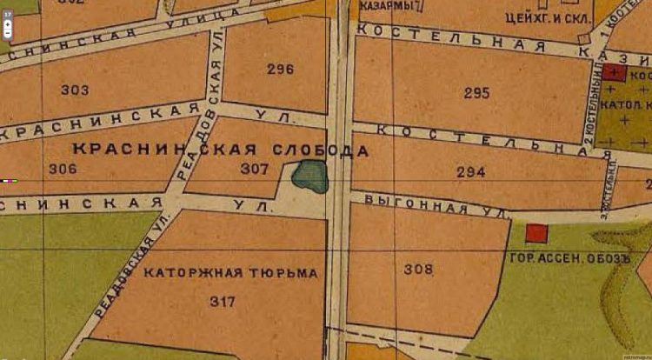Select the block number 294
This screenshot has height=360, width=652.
[470, 172]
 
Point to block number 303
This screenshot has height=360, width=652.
[76, 90]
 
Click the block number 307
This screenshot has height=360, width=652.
[255, 169]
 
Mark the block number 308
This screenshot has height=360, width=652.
[418, 270]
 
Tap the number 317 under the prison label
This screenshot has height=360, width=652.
[223, 301]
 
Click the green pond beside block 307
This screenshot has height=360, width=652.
[309, 177]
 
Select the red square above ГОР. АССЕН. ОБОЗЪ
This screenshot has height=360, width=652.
[537, 233]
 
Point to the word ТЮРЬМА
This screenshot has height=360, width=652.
[283, 274]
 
